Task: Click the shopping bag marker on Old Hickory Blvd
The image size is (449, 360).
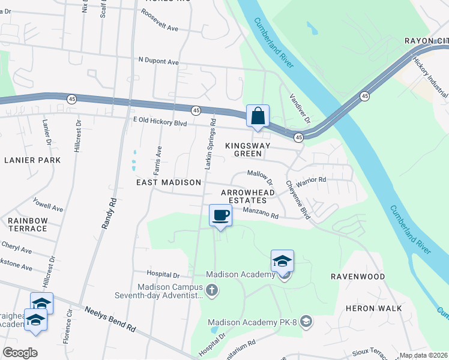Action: (258, 116)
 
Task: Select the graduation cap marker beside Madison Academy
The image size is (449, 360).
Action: (282, 262)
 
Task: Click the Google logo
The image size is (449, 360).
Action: (20, 352)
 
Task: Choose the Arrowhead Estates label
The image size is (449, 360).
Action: (248, 196)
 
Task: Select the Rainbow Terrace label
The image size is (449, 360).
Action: (28, 224)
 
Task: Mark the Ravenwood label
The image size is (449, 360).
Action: (358, 277)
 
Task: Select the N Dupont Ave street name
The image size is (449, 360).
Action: (158, 61)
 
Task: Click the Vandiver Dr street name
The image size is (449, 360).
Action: (300, 108)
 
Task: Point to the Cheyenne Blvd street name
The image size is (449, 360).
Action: (297, 199)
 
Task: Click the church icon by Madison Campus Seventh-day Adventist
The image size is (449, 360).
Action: (211, 291)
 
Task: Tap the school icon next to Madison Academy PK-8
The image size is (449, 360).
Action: (307, 322)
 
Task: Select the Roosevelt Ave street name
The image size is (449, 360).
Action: (160, 28)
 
